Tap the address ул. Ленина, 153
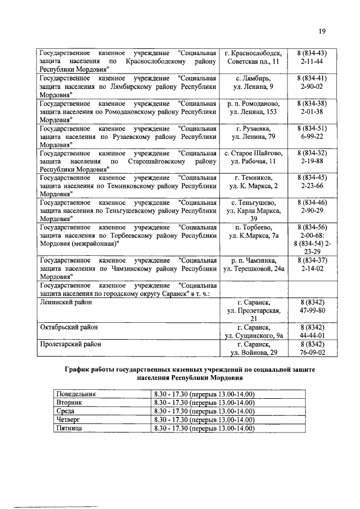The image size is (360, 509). click(253, 112)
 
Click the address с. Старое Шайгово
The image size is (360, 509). click(253, 153)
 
